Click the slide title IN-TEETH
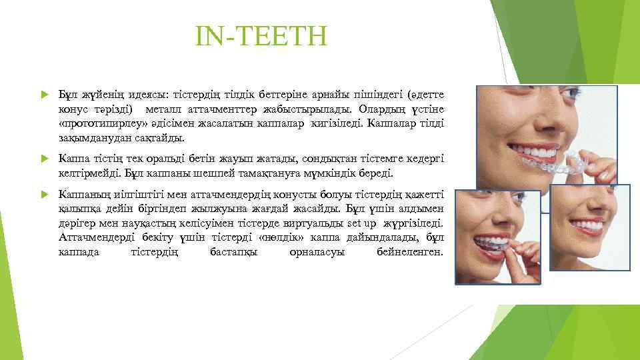tap(261, 38)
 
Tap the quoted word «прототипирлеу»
tap(98, 123)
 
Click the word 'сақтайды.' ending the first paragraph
tap(161, 137)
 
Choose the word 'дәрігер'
tap(76, 225)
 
